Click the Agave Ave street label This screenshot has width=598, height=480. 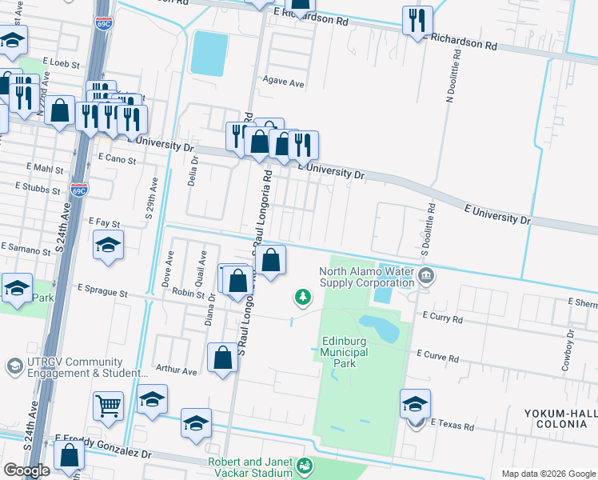[x=285, y=82]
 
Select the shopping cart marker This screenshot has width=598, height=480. [x=108, y=405]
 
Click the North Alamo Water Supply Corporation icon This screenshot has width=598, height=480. [x=425, y=277]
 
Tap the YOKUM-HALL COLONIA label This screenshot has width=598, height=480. [x=560, y=418]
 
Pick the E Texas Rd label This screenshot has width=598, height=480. [x=452, y=424]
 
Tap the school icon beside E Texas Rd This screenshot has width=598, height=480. [x=415, y=404]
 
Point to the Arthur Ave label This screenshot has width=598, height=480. [x=176, y=371]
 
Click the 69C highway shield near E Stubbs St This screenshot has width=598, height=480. [x=78, y=190]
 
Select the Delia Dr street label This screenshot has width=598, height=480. [x=192, y=171]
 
